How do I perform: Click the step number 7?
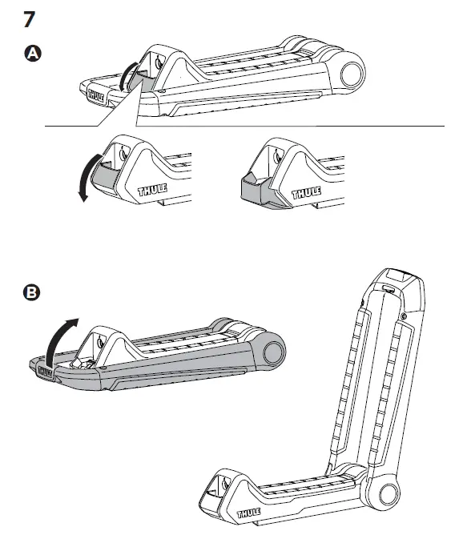click(x=30, y=19)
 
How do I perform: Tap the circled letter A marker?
click(x=33, y=54)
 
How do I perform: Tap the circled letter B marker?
click(x=31, y=292)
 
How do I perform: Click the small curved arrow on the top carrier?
click(x=126, y=75)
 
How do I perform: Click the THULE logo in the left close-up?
click(x=153, y=190)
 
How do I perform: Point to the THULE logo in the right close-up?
click(x=307, y=192)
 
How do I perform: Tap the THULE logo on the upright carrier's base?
click(x=249, y=513)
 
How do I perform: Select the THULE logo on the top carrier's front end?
click(x=96, y=95)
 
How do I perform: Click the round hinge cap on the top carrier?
click(x=352, y=74)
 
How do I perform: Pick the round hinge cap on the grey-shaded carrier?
click(x=274, y=353)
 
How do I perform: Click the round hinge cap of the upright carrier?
click(x=389, y=493)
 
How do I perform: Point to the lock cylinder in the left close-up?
click(x=123, y=152)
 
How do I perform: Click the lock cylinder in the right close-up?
click(x=277, y=155)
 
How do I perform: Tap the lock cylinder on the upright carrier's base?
click(x=226, y=482)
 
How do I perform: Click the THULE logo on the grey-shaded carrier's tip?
click(x=45, y=372)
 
